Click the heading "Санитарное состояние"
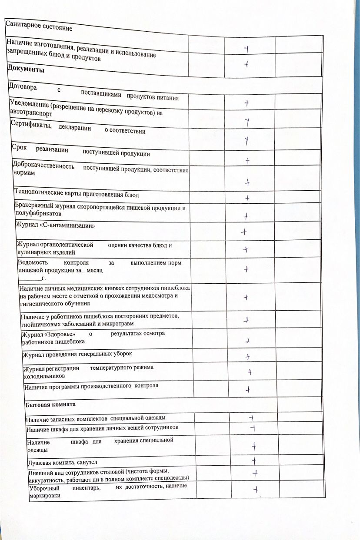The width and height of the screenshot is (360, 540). click(x=38, y=26)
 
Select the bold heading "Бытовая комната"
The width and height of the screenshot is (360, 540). click(x=50, y=404)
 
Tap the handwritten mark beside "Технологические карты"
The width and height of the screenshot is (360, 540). click(x=247, y=198)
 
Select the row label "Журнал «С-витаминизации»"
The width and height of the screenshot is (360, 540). click(x=55, y=225)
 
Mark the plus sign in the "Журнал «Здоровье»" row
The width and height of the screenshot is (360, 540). click(x=247, y=341)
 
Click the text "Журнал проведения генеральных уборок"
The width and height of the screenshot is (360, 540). click(x=77, y=354)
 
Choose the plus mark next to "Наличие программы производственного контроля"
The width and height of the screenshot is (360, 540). click(x=248, y=389)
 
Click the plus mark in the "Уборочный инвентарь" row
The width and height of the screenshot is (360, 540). click(x=256, y=490)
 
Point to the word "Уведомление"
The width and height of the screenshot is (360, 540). click(x=29, y=105)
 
